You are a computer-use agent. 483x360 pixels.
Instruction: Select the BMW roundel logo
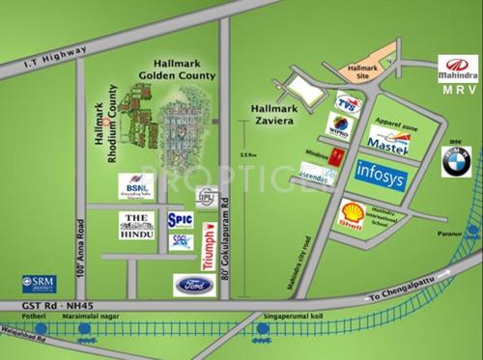(x=455, y=162)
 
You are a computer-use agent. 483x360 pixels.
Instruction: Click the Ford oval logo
(x=192, y=284)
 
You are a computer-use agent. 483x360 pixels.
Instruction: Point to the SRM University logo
(x=38, y=285)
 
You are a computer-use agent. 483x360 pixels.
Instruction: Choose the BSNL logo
(x=136, y=185)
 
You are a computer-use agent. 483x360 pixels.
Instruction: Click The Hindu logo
(x=139, y=226)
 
